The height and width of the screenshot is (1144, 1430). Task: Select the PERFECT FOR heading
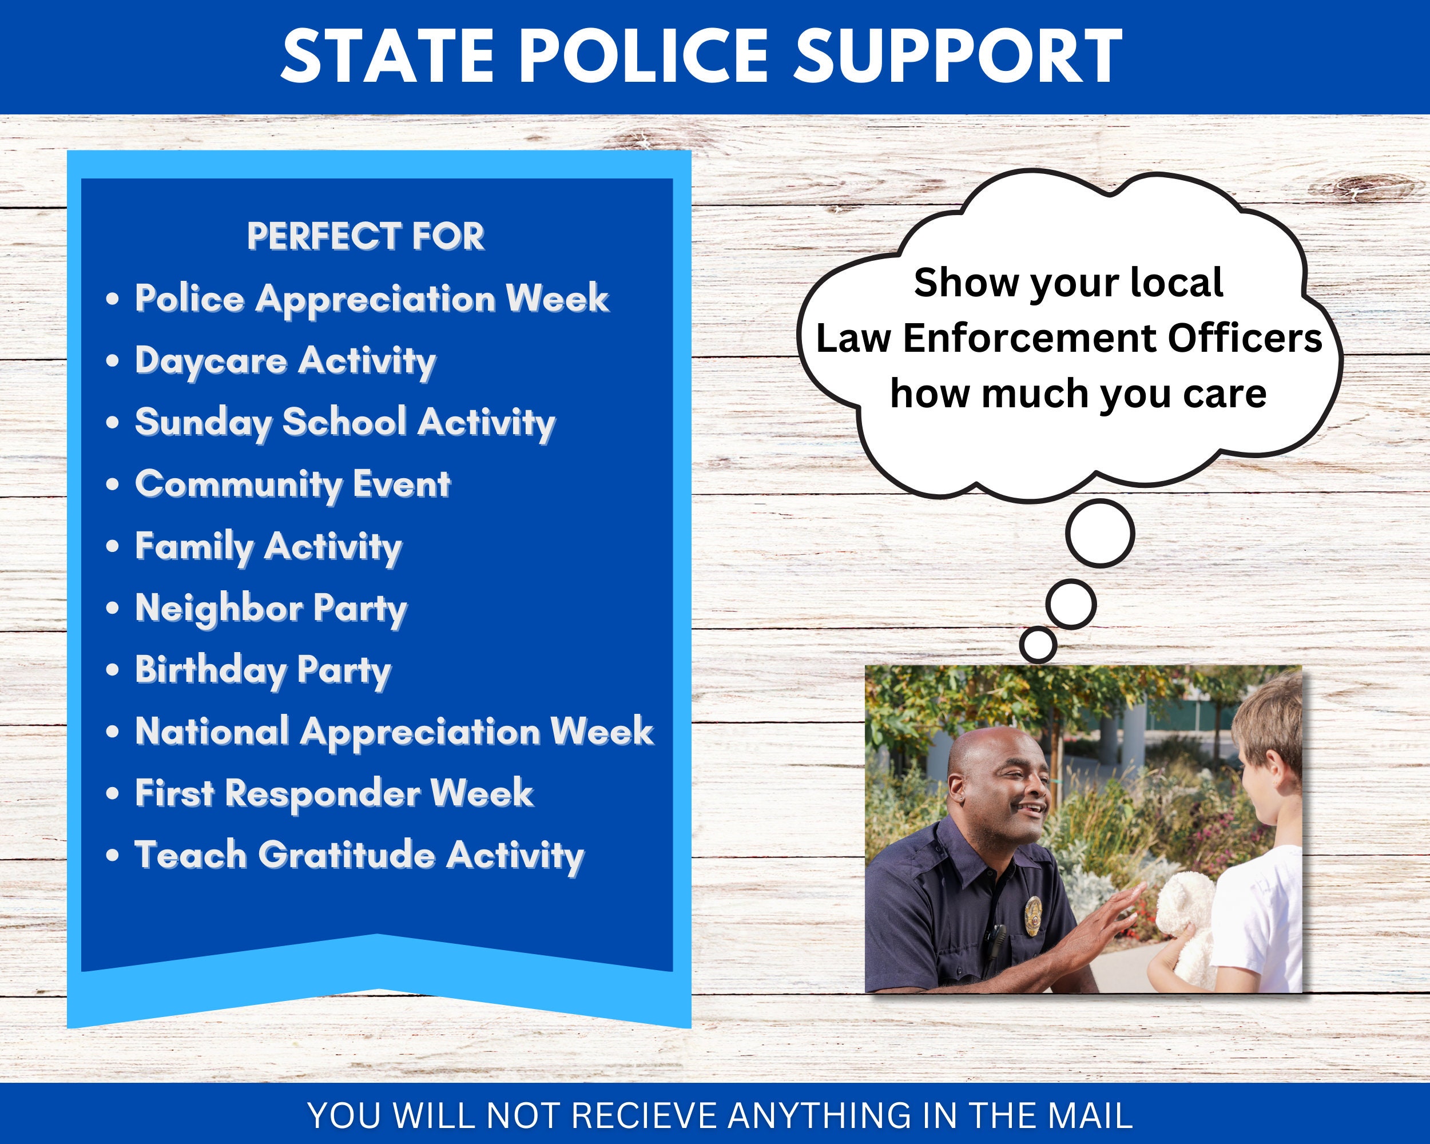[x=366, y=236]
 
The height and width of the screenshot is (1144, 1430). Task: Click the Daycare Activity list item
[x=286, y=362]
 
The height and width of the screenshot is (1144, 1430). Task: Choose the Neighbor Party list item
[x=271, y=608]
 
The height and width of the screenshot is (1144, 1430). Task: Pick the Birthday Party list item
[x=263, y=670]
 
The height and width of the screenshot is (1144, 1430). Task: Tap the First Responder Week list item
[x=333, y=793]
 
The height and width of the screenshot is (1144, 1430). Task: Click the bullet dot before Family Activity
[x=113, y=546]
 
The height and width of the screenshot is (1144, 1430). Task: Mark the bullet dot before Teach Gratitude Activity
[x=113, y=856]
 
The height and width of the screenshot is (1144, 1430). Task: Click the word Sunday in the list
[x=204, y=423]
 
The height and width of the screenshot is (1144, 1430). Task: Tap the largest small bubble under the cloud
[x=1100, y=533]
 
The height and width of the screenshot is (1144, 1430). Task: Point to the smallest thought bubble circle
[x=1038, y=644]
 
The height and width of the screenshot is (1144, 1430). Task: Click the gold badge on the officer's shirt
[x=1032, y=915]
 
